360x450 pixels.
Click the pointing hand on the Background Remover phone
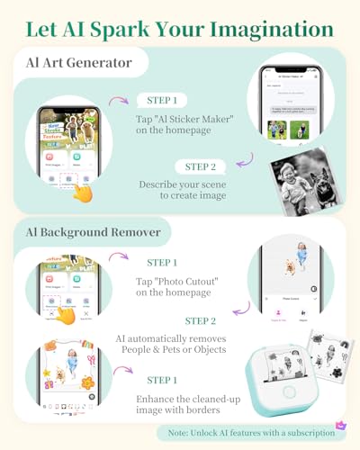[66, 314]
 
